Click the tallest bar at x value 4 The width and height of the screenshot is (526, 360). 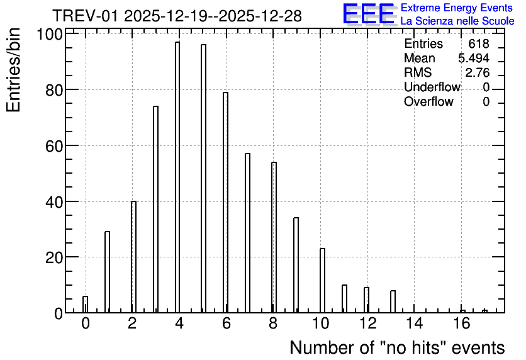[x=177, y=177]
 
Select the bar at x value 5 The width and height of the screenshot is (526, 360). [x=204, y=179]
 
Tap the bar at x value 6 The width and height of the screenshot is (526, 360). [x=225, y=202]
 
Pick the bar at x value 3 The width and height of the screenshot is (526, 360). [x=155, y=210]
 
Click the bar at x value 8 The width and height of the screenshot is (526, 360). [x=274, y=237]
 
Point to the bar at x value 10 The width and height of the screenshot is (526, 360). [x=322, y=281]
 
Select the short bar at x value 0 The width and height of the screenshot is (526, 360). [x=85, y=305]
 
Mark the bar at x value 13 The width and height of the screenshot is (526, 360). [x=393, y=301]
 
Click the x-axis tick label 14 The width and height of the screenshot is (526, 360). [x=415, y=323]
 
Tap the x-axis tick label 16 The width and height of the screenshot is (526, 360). [x=462, y=323]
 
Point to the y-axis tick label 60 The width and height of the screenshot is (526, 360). [x=54, y=146]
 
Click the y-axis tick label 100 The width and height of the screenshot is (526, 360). [x=50, y=35]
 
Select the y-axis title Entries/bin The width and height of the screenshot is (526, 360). [x=13, y=70]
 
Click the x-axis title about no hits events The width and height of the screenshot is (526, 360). [x=397, y=347]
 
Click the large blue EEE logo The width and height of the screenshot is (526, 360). [x=369, y=13]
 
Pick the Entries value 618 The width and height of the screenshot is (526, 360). [x=479, y=43]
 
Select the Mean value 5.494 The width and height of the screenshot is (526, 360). [x=474, y=58]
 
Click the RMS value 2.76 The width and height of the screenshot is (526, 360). [x=478, y=72]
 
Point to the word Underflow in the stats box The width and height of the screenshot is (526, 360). [x=432, y=87]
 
